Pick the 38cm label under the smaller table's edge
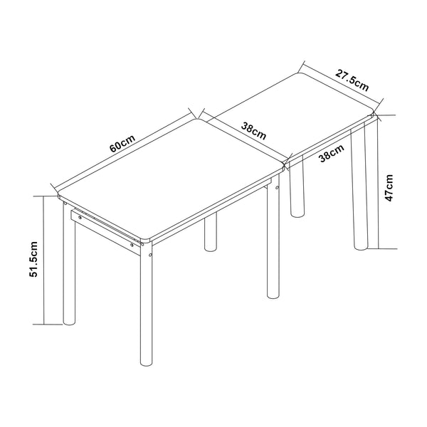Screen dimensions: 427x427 [x=332, y=153]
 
